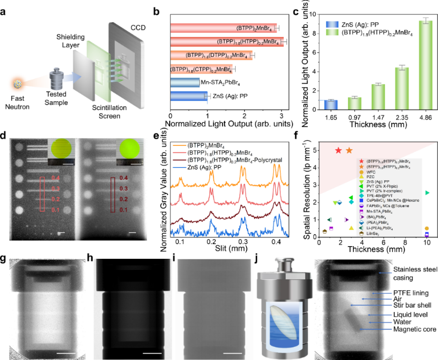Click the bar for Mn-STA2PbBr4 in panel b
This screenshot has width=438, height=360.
[x=185, y=82]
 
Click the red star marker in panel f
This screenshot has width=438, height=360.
[x=338, y=150]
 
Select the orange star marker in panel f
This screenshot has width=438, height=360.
[x=349, y=150]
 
